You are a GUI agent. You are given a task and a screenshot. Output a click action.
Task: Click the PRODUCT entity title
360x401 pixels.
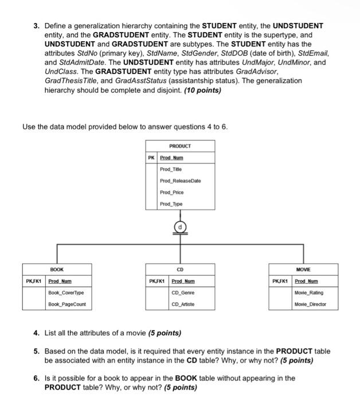[180, 146]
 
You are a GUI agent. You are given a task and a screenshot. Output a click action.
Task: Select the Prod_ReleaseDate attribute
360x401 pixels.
[180, 181]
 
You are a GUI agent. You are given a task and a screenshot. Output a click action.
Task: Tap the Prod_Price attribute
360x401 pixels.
[171, 192]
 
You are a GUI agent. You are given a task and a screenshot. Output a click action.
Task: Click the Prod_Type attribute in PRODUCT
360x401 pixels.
[171, 204]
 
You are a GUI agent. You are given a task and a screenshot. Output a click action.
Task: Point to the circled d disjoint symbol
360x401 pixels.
[181, 227]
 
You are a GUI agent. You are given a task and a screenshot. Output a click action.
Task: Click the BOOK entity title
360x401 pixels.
[57, 269]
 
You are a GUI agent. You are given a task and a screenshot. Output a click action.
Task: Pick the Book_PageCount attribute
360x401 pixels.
[67, 304]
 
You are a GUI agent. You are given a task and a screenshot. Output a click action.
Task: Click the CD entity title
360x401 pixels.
[180, 269]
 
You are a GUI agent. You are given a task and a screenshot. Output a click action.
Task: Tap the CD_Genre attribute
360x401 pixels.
[183, 293]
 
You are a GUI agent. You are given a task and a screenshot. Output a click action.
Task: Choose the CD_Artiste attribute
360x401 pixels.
[183, 304]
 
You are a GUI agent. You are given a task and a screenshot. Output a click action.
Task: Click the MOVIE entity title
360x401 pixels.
[303, 269]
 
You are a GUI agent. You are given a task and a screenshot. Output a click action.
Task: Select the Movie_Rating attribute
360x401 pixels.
[309, 293]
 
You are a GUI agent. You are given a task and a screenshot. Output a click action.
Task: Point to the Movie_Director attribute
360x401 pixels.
[310, 304]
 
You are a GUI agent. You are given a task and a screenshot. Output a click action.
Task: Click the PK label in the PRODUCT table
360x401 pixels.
[151, 157]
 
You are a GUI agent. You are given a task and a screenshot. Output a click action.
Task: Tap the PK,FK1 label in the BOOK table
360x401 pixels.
[34, 281]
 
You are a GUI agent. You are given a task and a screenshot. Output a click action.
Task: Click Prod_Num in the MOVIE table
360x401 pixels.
[306, 281]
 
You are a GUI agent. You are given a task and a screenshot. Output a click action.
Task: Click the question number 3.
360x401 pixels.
[36, 26]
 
